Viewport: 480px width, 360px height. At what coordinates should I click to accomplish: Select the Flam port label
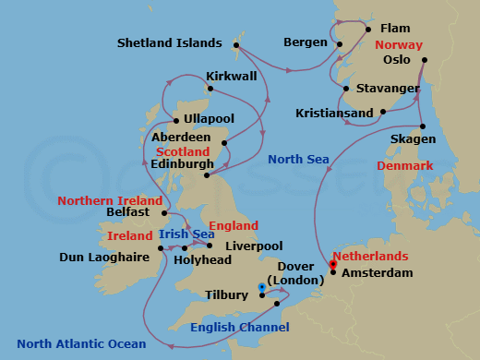[x=395, y=29]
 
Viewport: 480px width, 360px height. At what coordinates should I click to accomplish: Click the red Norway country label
[x=399, y=44]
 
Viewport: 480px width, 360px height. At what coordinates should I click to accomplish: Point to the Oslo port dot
[x=423, y=61]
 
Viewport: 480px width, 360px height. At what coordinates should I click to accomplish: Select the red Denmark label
[x=404, y=165]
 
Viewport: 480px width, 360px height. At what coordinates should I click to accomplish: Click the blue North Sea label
[x=298, y=160]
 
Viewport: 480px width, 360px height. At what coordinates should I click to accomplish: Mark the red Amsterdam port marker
[x=332, y=265]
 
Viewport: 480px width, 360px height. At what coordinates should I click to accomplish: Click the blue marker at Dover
[x=263, y=287]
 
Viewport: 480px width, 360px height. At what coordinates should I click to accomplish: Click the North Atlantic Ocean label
[x=81, y=344]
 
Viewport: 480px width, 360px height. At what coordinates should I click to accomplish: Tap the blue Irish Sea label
[x=186, y=234]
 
